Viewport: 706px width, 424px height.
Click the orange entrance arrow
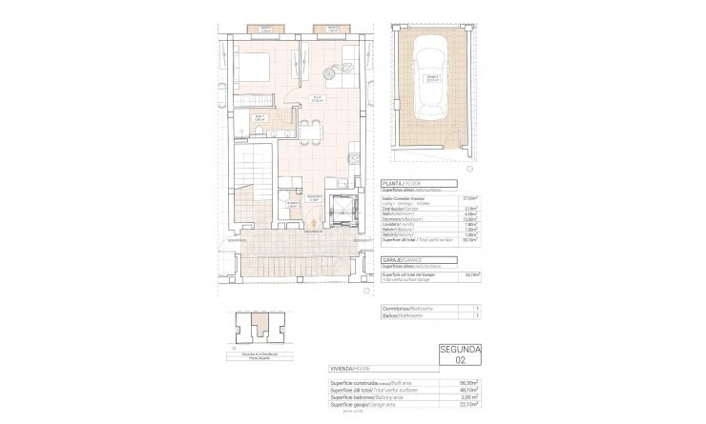click(312, 227)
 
